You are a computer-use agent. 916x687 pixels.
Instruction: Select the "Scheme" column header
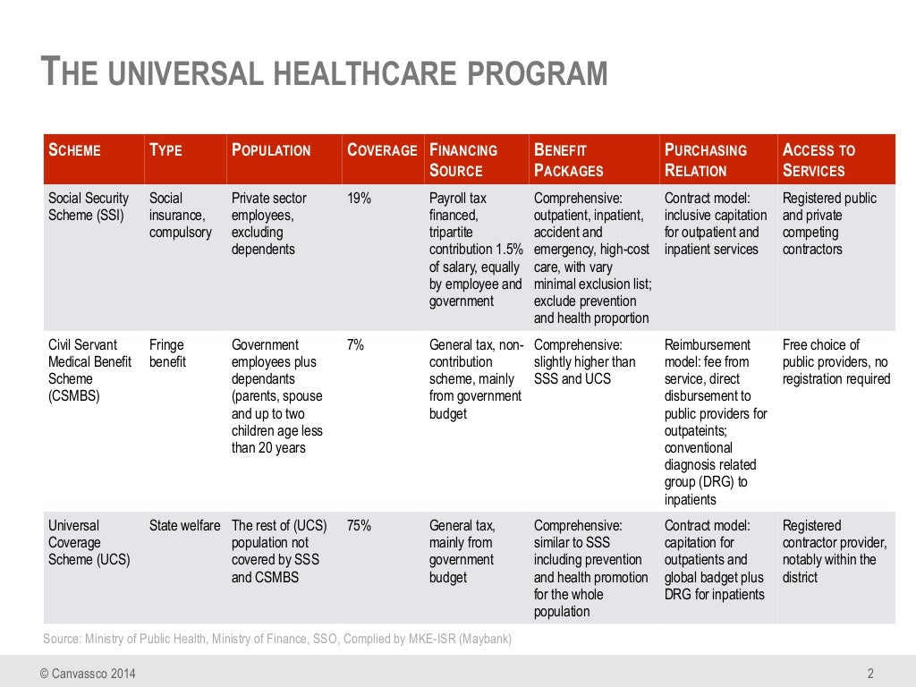coord(74,150)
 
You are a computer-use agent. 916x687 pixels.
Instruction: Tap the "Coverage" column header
coord(382,150)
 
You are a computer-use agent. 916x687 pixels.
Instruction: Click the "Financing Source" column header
coord(463,160)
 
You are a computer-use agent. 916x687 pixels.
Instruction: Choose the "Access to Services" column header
coord(818,160)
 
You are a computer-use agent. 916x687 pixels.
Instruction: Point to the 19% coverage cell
coord(360,199)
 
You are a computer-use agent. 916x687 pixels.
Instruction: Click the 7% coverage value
coord(356,345)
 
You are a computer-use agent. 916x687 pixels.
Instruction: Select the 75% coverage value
coord(360,526)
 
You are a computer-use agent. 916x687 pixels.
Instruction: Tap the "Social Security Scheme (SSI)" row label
coord(89,207)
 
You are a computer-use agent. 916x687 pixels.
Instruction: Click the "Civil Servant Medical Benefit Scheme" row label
coord(89,370)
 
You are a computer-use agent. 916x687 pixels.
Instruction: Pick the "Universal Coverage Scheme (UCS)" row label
coord(89,543)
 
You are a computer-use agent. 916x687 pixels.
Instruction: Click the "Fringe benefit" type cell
coord(168,353)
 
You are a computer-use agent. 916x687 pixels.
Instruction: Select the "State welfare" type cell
coord(184,526)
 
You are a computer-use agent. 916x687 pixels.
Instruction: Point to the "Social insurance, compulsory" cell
coord(181,216)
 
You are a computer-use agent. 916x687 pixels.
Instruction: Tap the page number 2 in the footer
coord(870,674)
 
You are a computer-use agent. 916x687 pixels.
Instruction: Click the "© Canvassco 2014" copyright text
coord(88,674)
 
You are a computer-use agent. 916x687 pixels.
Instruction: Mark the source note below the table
coord(277,640)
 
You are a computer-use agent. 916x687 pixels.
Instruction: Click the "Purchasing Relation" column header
coord(706,160)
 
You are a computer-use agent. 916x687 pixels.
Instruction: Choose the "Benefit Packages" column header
coord(569,160)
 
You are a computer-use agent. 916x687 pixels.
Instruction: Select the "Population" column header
coord(271,150)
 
